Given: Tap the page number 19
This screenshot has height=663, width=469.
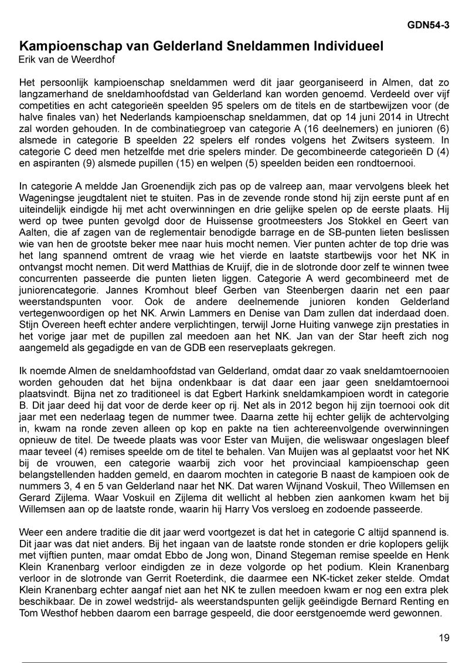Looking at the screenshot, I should (x=444, y=638).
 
